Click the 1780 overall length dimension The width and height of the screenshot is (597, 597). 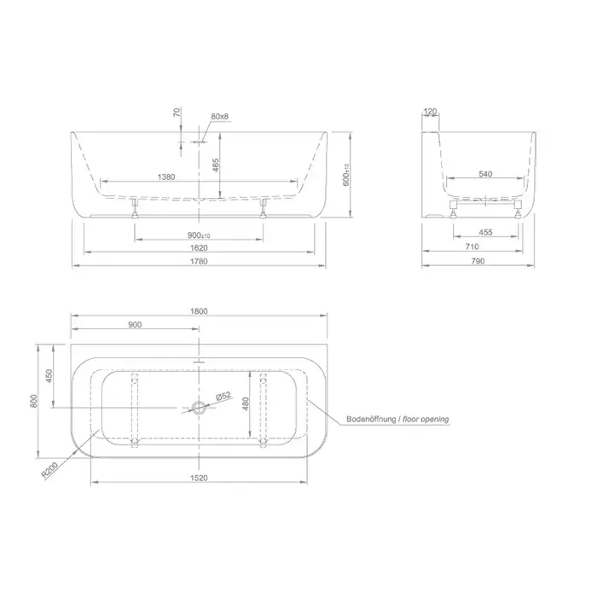pos(199,261)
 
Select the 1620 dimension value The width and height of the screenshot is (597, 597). pos(199,248)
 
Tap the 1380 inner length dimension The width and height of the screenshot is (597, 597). pos(166,177)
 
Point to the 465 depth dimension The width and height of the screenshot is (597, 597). pos(216,165)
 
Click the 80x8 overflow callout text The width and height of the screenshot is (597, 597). pos(220,117)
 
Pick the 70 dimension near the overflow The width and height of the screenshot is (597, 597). pos(177,113)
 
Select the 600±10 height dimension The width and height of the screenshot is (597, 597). pos(346,175)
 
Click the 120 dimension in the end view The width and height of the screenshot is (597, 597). pos(430,112)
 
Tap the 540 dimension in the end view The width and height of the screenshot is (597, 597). pos(485,174)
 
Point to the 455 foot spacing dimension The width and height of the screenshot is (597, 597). pos(485,232)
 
